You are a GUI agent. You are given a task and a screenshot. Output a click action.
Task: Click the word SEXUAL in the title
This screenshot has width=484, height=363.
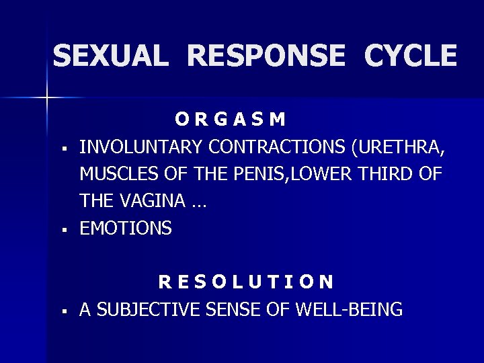point(110,56)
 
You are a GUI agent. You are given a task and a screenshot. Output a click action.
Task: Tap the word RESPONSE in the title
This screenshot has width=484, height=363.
point(265,56)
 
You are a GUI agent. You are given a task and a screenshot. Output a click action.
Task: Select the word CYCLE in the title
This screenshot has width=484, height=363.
point(410,56)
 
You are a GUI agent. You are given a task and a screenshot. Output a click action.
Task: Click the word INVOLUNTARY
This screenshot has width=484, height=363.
point(142,146)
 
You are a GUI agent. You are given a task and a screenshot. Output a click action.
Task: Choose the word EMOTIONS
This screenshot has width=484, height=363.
point(126,229)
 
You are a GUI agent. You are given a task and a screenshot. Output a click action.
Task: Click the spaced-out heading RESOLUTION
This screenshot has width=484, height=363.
point(245,281)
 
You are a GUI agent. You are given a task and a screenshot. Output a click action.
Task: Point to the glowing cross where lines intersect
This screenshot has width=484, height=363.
point(47,99)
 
